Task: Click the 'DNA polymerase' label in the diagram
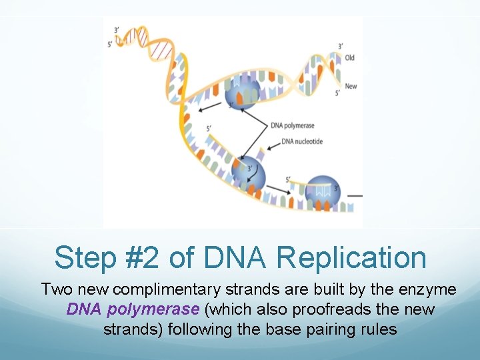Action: point(293,125)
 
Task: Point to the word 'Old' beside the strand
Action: point(350,58)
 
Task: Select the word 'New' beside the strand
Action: point(351,87)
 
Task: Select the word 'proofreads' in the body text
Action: point(346,309)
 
